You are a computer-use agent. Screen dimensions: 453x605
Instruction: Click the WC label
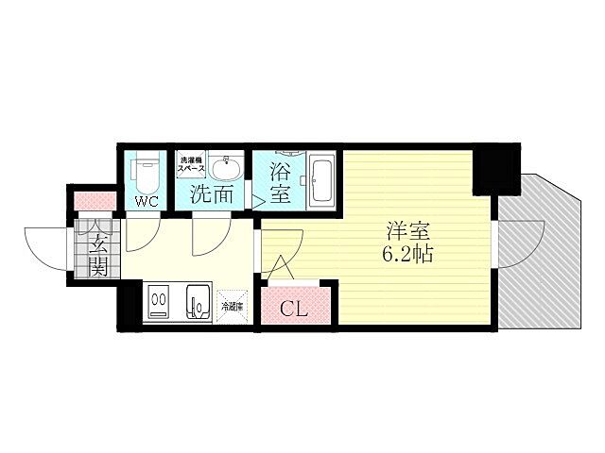tap(146, 201)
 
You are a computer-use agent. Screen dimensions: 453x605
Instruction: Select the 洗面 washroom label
tap(211, 197)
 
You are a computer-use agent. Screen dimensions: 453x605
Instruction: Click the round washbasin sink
tap(226, 170)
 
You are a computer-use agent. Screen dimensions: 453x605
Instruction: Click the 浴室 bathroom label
tap(281, 184)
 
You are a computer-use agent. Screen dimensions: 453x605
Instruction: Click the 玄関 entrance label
tap(96, 246)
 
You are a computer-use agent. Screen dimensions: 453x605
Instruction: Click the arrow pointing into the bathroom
tap(257, 199)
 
